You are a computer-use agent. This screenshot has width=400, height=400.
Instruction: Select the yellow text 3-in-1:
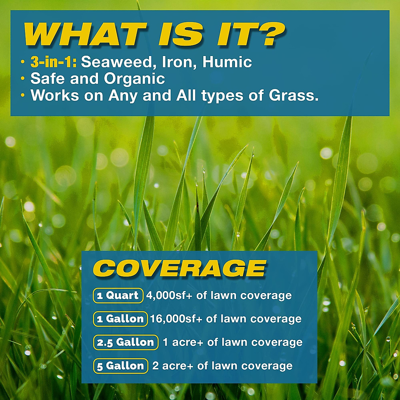(x=53, y=62)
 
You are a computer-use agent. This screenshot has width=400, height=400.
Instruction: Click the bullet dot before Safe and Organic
(x=23, y=79)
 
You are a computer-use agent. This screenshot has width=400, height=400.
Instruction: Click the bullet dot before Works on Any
(x=23, y=96)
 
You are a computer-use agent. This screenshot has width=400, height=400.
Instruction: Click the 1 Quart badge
(x=118, y=296)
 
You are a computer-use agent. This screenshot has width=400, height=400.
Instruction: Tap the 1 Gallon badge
(x=120, y=319)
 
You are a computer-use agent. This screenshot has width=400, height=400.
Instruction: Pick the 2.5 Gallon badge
(x=126, y=342)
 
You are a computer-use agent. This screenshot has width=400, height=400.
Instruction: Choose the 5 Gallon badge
(x=121, y=366)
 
